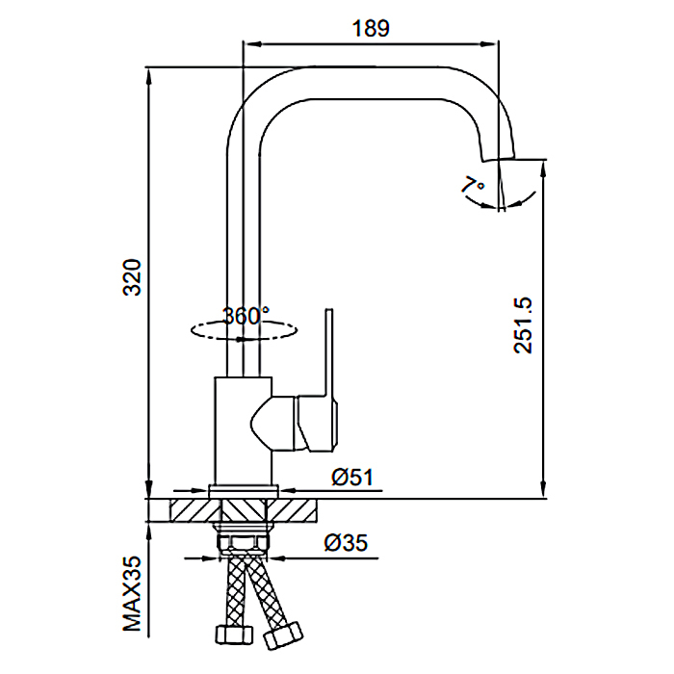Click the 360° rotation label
(x=246, y=316)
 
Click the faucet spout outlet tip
(x=499, y=157)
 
